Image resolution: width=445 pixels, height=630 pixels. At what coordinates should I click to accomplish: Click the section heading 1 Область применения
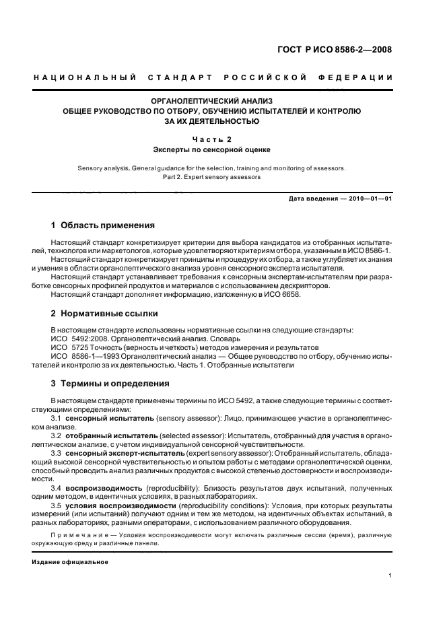[103, 225]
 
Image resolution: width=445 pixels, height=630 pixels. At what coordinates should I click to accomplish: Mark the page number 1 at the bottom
[390, 575]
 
